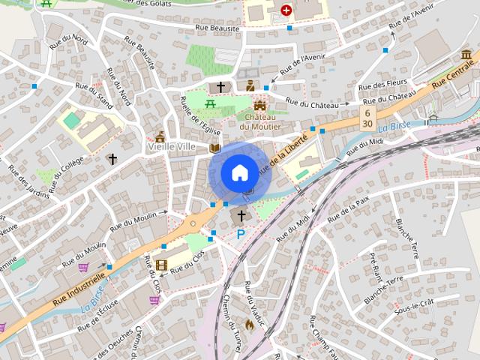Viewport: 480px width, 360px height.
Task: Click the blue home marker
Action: (x=238, y=172)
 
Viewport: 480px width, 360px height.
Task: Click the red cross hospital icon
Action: (x=286, y=10)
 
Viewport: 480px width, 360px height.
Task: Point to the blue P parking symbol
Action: (x=241, y=235)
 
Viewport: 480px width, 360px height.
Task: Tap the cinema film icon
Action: (x=162, y=265)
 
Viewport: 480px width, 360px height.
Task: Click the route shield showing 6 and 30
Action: (x=367, y=117)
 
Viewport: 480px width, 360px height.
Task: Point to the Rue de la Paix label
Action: (x=352, y=203)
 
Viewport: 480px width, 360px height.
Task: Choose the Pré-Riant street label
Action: (x=376, y=268)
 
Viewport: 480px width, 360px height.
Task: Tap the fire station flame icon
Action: (x=250, y=325)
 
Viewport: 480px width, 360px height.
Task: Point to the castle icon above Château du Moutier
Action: (x=260, y=106)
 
